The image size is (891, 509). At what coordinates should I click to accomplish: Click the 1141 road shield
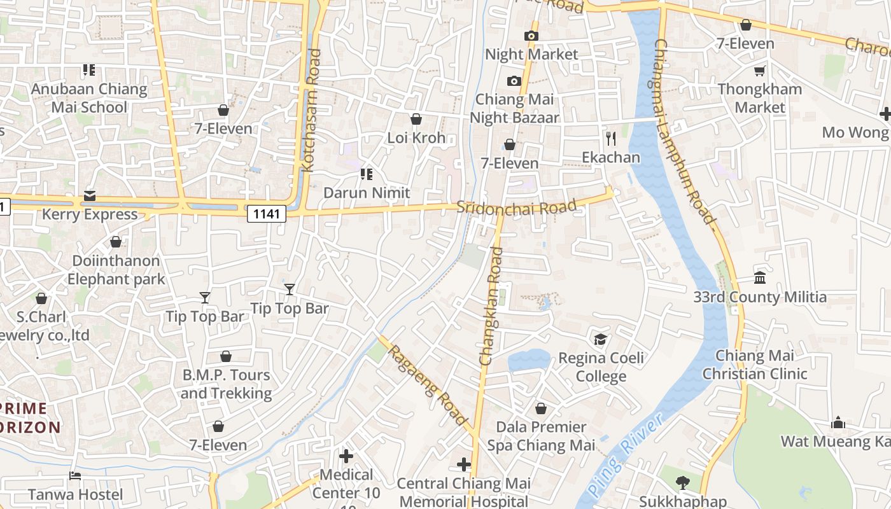266,214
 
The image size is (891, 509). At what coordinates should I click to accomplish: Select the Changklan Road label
491,306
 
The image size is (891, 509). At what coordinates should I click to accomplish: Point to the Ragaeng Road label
428,384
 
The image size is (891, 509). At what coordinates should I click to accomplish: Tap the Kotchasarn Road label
312,120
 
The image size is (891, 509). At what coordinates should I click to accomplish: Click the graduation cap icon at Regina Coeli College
600,339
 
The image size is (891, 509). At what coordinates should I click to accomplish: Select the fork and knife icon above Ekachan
611,138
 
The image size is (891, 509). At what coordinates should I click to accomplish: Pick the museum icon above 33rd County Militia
759,277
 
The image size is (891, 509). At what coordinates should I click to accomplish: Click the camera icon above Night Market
531,36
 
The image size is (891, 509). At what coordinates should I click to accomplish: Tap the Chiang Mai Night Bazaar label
514,108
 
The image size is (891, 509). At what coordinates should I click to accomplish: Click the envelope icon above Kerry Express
90,195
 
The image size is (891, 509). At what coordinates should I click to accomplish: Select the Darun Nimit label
367,192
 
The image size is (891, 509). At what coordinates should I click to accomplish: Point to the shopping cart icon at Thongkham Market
759,71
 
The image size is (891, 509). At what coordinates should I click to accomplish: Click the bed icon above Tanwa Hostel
75,475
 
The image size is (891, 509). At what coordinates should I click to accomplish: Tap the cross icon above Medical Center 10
346,456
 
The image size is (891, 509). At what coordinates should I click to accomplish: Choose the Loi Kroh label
416,137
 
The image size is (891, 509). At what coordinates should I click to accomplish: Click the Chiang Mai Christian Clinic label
754,365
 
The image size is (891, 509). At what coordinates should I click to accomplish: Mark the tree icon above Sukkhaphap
683,482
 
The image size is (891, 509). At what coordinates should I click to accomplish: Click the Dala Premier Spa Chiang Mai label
541,436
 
